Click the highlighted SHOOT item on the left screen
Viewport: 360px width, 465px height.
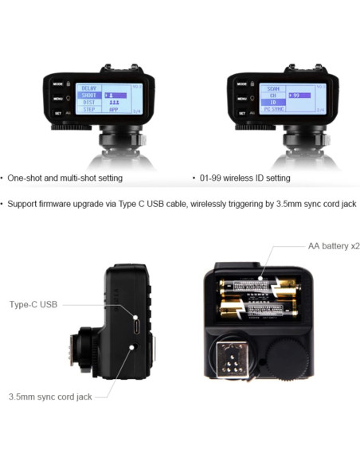[x=89, y=95]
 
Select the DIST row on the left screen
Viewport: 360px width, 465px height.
[x=89, y=103]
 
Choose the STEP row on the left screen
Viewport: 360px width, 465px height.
[x=89, y=110]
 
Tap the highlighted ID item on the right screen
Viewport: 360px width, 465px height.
[x=273, y=103]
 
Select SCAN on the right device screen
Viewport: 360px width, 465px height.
[x=273, y=87]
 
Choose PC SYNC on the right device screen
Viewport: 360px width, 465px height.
[x=273, y=110]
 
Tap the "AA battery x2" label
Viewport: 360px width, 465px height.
[x=334, y=246]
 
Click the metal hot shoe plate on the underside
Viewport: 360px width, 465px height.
[x=230, y=358]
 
